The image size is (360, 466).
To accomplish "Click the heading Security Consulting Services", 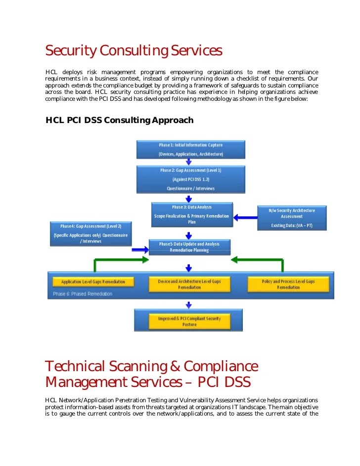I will pos(134,51).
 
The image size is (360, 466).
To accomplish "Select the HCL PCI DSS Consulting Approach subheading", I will pos(119,120).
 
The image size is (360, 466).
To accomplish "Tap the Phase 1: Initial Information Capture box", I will pos(190,150).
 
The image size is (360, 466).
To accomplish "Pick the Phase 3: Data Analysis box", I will pos(191,214).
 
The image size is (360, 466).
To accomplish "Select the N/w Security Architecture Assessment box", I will pos(291,217).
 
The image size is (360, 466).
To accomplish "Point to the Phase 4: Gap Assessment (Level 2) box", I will pos(90,233).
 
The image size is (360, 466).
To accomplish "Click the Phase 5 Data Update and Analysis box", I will pos(189,247).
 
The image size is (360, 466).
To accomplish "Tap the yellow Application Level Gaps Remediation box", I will pos(93,282).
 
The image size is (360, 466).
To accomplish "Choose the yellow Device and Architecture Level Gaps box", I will pos(190,284).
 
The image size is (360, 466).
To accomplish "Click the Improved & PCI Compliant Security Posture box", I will pos(189,321).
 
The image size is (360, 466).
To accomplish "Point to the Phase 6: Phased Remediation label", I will pos(83,294).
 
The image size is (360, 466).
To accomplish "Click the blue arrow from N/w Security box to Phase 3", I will pos(244,217).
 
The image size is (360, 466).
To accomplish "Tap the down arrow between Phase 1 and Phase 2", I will pos(188,161).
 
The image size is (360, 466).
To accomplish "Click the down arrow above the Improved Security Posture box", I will pos(188,304).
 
